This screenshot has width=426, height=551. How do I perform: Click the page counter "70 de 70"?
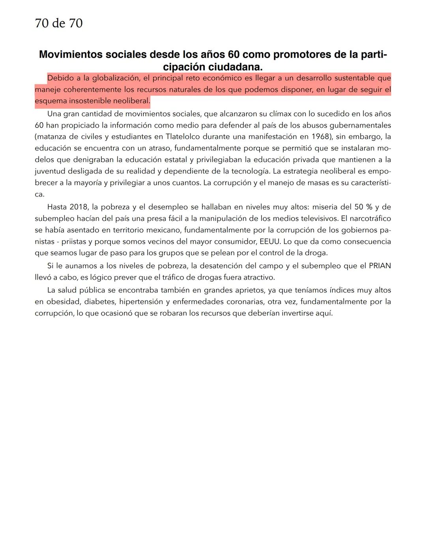click(59, 24)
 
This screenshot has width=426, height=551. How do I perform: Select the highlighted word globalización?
click(115, 78)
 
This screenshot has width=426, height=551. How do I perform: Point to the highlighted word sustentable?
click(353, 78)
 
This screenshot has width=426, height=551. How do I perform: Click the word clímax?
click(271, 114)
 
